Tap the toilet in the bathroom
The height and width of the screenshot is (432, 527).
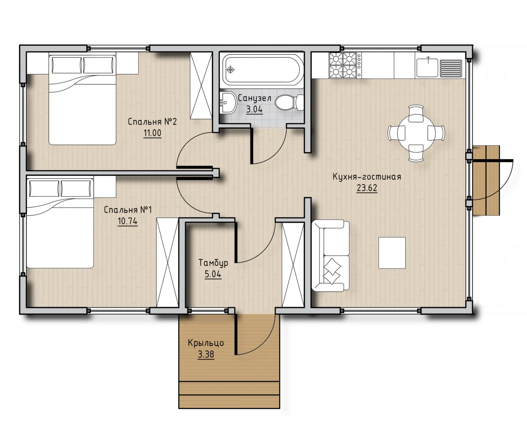(x=289, y=102)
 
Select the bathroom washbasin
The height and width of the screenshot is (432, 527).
(x=228, y=102)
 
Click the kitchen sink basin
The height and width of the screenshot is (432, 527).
(x=427, y=68)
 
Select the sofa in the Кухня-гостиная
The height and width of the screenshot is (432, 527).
(x=330, y=256)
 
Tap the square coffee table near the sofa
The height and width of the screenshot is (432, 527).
(x=392, y=253)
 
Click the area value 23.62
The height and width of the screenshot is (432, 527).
(x=367, y=188)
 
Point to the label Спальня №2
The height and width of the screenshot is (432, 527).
(x=152, y=122)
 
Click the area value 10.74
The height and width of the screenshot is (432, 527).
(x=128, y=221)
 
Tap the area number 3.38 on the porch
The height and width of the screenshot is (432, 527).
(x=206, y=354)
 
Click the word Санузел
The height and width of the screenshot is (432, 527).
(x=254, y=98)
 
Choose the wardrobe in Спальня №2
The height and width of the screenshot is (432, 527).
(x=201, y=86)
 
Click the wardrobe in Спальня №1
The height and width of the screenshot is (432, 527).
(x=168, y=262)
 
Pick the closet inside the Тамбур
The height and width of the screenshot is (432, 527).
(x=293, y=265)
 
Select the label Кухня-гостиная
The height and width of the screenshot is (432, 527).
(x=367, y=177)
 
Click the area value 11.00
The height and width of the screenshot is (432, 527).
(x=152, y=133)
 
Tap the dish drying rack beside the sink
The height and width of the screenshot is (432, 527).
(x=451, y=68)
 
